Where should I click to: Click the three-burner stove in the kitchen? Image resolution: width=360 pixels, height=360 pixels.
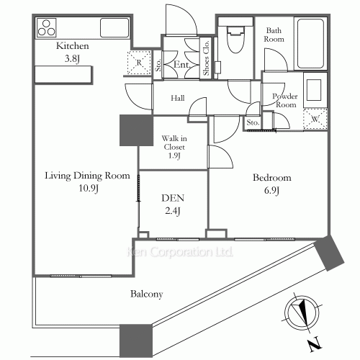47,28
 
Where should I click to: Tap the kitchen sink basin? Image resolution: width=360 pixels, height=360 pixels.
114,27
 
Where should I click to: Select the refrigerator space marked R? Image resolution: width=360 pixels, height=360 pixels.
139,63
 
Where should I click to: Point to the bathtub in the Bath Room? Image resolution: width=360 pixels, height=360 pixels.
310,44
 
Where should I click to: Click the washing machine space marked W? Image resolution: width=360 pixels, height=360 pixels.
315,119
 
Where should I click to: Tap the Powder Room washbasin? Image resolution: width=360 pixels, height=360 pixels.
314,90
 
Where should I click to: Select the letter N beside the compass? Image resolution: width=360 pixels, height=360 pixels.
315,344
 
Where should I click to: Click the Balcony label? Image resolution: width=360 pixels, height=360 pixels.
147,294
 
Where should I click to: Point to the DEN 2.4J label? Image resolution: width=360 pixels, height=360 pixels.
173,204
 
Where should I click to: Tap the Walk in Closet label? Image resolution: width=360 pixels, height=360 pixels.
174,147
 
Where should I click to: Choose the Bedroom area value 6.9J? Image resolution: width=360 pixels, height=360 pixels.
271,191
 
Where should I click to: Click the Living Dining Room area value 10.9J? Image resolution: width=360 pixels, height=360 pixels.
89,189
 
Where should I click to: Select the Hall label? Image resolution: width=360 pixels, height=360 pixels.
178,98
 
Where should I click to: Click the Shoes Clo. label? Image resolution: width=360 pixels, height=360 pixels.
206,58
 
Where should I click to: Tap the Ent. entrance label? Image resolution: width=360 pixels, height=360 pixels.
181,64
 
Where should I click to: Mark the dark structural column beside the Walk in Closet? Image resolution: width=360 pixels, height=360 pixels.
136,130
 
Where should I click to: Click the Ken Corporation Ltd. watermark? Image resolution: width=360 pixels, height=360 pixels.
179,252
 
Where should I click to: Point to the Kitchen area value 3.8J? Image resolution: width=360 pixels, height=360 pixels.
72,58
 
